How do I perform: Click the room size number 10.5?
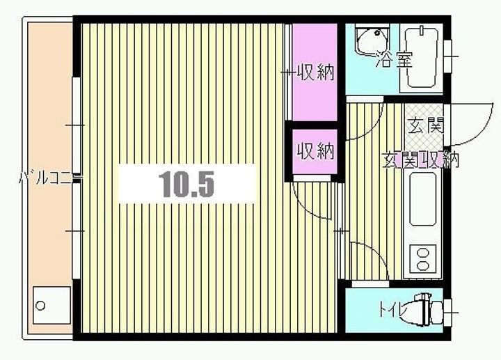[x=186, y=184]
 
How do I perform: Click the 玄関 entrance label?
[x=425, y=127]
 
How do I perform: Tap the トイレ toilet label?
[x=392, y=308]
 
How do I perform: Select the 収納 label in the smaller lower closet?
[x=315, y=150]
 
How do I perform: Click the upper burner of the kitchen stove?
[x=422, y=252]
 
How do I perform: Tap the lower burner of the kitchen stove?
[x=422, y=265]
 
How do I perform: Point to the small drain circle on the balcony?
[x=40, y=305]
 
